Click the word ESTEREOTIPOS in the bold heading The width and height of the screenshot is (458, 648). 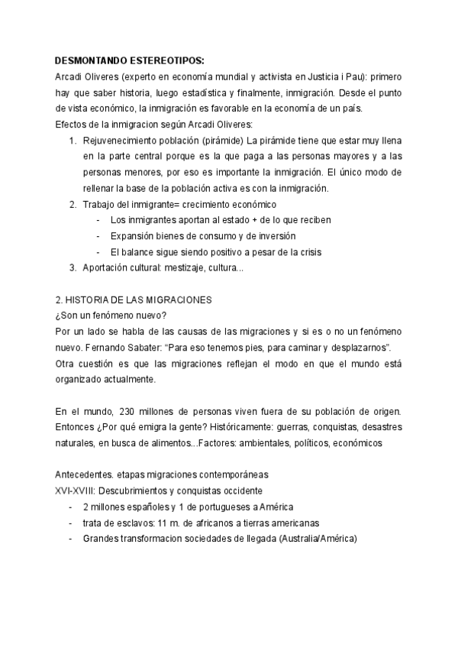click(166, 62)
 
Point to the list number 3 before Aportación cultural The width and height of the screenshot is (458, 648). click(73, 267)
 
